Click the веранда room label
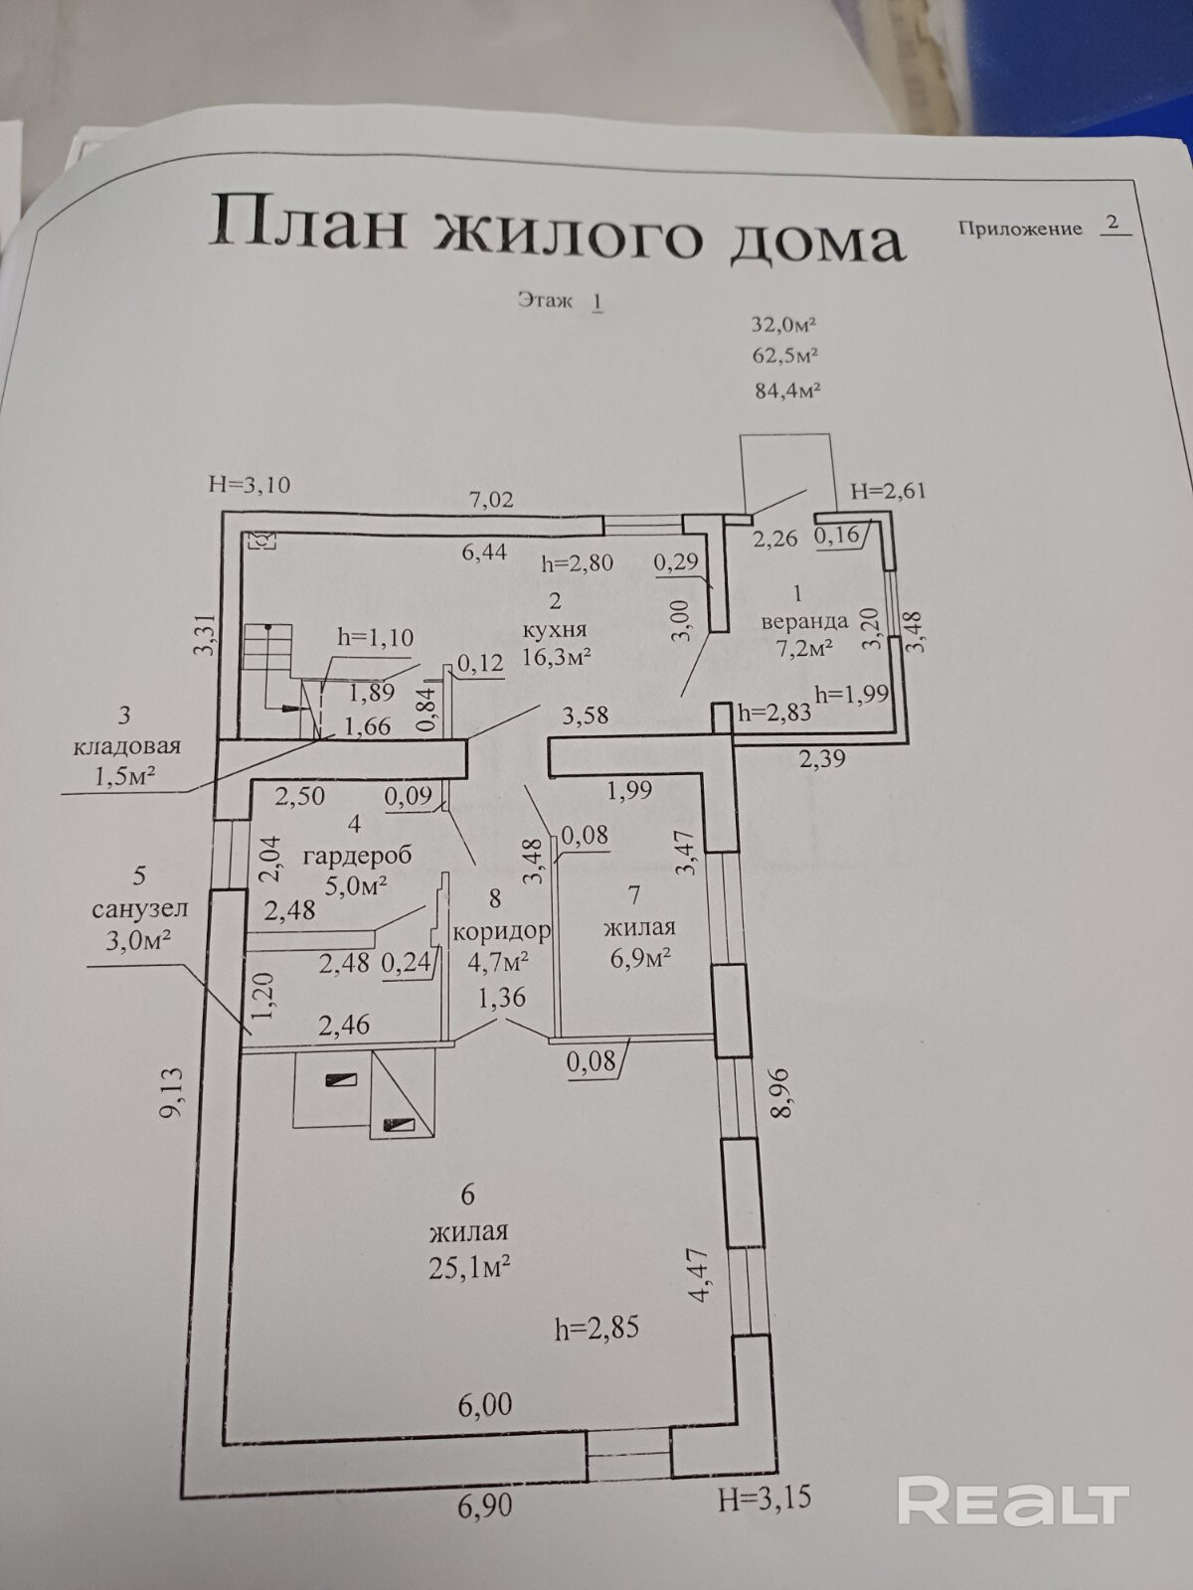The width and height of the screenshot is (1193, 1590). [803, 621]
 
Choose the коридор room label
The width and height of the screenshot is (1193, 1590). [501, 931]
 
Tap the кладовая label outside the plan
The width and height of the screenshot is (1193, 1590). [126, 745]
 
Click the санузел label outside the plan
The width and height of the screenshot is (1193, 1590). [139, 908]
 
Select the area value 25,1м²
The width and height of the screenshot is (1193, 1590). [470, 1266]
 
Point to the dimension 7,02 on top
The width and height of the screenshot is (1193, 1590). [492, 499]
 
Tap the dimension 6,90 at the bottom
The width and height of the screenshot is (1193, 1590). [485, 1505]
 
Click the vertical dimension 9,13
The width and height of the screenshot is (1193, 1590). [171, 1092]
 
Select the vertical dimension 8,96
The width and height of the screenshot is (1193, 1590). [781, 1093]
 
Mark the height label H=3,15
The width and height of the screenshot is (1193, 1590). [764, 1498]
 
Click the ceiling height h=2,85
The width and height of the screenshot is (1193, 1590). [596, 1328]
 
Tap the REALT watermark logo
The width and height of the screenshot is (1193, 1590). [1013, 1501]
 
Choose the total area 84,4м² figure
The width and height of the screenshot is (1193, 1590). [787, 391]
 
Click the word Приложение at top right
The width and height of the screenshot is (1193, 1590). [1019, 229]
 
